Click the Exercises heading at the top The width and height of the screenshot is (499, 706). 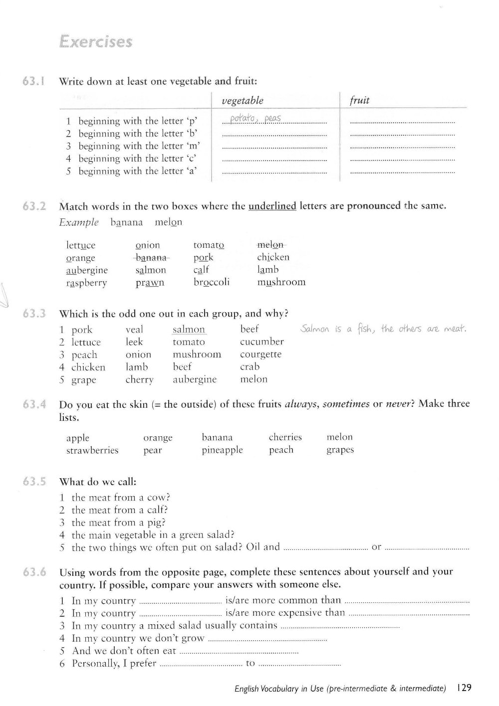95,41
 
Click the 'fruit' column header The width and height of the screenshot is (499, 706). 359,101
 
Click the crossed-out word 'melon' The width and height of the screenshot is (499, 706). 270,245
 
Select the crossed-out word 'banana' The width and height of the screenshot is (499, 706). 152,258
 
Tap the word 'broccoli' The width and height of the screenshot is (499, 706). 212,282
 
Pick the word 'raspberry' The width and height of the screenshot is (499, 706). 86,283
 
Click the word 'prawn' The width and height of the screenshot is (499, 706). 150,283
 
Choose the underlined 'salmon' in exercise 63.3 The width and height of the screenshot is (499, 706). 189,330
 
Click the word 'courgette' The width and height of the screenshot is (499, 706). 260,354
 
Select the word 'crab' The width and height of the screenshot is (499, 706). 249,367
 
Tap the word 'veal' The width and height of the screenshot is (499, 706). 134,330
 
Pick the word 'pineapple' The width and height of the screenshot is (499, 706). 222,450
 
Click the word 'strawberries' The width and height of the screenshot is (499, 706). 92,451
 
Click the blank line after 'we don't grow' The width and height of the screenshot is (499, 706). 267,639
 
